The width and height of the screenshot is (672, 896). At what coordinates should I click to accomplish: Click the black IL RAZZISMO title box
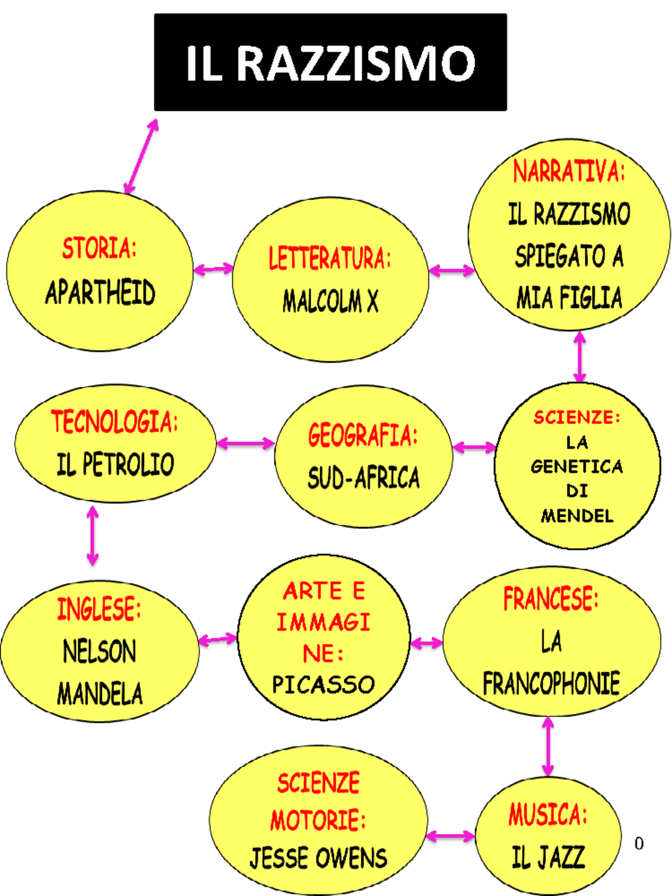(x=330, y=62)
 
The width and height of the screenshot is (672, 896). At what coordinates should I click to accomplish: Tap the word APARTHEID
(x=100, y=292)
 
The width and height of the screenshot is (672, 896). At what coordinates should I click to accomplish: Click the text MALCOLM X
(x=330, y=301)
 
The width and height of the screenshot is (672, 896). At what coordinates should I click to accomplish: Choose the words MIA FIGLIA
(x=569, y=297)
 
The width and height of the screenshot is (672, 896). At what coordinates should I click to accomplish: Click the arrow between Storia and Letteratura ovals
(x=213, y=269)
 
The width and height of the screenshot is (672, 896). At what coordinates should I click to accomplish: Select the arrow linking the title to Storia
(x=141, y=156)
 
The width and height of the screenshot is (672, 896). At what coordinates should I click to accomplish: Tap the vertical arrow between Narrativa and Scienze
(x=580, y=356)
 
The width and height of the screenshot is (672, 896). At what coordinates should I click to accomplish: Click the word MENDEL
(x=577, y=516)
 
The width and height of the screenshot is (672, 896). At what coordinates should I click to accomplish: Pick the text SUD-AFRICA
(x=363, y=477)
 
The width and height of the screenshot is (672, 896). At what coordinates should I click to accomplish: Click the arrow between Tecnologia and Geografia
(x=246, y=444)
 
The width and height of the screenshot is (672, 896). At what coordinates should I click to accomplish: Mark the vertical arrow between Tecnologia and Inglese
(x=92, y=535)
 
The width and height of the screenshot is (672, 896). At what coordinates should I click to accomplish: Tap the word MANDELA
(x=100, y=693)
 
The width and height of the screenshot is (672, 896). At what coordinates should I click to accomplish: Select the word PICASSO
(x=323, y=684)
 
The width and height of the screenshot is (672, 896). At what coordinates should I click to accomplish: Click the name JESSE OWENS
(x=318, y=857)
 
